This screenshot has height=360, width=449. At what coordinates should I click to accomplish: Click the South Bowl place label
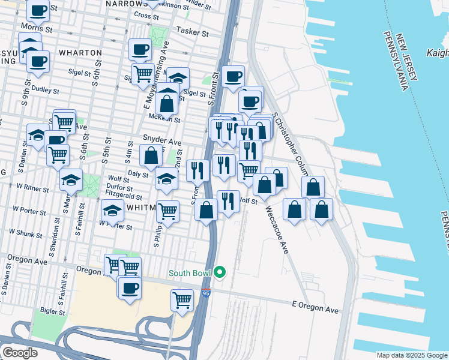click(x=190, y=274)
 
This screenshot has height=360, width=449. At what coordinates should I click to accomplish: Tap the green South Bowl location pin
click(x=220, y=273)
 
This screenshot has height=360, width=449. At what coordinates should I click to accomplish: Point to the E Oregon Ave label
click(x=316, y=310)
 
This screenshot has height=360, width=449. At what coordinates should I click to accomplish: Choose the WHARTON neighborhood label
click(x=80, y=53)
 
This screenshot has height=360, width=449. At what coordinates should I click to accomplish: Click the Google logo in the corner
click(x=19, y=353)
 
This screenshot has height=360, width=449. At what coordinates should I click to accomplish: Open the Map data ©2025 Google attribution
click(x=412, y=355)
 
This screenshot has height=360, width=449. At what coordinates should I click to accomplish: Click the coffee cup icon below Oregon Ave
click(x=130, y=289)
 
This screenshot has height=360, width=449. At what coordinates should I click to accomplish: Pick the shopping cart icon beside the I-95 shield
click(x=182, y=300)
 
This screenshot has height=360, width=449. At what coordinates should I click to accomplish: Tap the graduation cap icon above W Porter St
click(x=112, y=210)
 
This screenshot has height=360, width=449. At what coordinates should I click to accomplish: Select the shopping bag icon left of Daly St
click(x=151, y=155)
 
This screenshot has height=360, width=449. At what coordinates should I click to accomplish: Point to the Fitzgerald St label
click(x=123, y=197)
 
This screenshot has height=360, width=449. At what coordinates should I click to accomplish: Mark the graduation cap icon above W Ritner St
click(x=71, y=179)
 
